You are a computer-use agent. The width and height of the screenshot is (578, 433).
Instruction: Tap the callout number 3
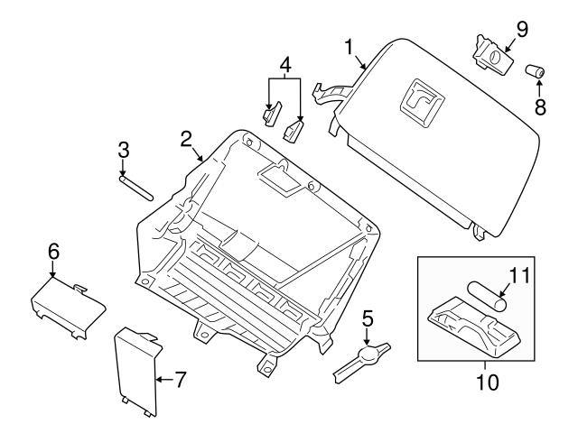(x=124, y=151)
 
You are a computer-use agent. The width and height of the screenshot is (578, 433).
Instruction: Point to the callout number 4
(x=284, y=65)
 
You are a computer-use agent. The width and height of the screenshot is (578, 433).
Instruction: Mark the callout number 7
(x=180, y=380)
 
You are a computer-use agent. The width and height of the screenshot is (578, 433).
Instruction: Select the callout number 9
(x=521, y=27)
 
